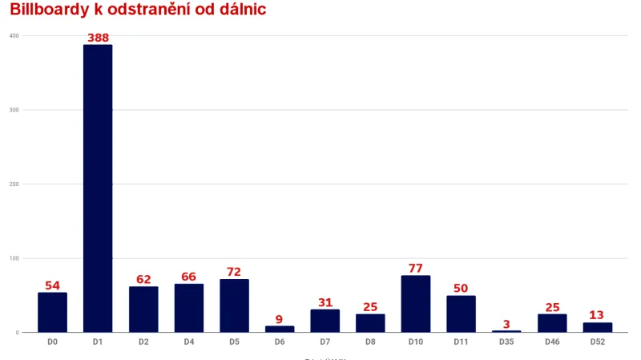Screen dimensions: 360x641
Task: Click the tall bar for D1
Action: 98,188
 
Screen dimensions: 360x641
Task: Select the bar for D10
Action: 416,304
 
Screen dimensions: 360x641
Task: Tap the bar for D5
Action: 234,305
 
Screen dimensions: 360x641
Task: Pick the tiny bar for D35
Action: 506,331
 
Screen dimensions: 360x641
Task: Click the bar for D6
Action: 280,329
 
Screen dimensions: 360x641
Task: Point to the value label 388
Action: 98,38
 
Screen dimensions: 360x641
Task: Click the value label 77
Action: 416,269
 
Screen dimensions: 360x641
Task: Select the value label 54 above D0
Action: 52,285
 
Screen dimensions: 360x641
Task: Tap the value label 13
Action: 597,315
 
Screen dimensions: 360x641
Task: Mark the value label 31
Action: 325,302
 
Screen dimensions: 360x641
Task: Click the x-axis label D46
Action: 551,342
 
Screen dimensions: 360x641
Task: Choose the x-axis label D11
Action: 461,342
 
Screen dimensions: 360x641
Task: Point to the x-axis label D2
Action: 143,342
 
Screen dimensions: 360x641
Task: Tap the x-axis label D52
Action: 597,342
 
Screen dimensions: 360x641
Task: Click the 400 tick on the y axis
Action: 14,35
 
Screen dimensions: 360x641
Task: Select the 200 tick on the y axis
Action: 14,184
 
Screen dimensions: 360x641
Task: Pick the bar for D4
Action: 188,308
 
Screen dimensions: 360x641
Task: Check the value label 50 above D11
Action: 461,289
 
